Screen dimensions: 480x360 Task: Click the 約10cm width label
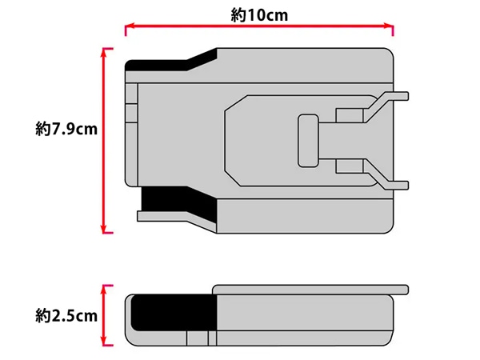[x=259, y=15]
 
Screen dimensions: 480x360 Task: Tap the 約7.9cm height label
[x=66, y=129]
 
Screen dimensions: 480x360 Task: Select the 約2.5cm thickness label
[x=66, y=316]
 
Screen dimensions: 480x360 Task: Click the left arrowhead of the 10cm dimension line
[x=129, y=26]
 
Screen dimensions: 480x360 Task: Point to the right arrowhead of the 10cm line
[x=389, y=26]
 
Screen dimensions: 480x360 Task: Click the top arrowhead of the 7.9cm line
[x=103, y=53]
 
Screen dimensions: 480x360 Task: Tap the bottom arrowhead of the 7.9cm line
[x=103, y=229]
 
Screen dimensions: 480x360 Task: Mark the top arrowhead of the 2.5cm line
[x=103, y=290]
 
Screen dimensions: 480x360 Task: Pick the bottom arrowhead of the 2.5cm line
[x=103, y=342]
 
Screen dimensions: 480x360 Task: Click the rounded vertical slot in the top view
[x=308, y=141]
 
